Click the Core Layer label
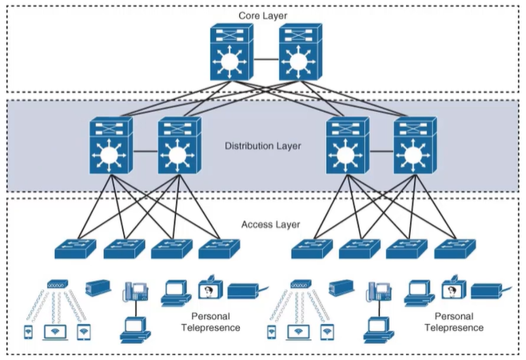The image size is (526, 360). coord(263,16)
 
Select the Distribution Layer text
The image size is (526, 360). coord(263,147)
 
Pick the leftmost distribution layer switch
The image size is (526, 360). coord(110,147)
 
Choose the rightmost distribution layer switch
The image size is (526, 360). coord(416,147)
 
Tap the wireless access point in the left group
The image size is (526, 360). coord(58,285)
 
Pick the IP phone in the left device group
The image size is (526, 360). coord(137,290)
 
